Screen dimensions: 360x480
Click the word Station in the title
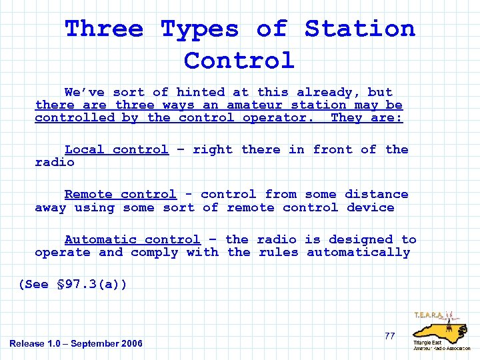coord(360,29)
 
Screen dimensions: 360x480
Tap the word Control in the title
coord(239,60)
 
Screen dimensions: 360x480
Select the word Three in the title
coord(104,29)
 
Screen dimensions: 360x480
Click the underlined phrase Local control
coord(117,149)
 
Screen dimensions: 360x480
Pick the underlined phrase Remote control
coord(121,194)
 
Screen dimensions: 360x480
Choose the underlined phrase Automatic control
coord(132,239)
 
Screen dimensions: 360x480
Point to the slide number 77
coord(389,336)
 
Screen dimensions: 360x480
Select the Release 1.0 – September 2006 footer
coord(76,343)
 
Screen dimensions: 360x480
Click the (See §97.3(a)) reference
coord(73,285)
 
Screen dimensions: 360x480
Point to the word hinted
coord(201,92)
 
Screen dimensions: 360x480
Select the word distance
coord(376,194)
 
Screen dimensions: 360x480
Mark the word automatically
coord(358,252)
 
